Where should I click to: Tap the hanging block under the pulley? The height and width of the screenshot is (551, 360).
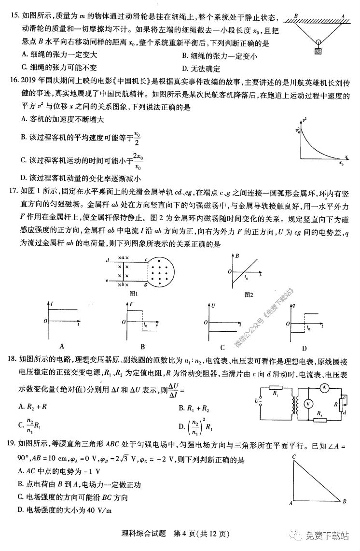pyautogui.click(x=318, y=50)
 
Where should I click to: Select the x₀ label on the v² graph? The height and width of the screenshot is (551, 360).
pyautogui.click(x=341, y=163)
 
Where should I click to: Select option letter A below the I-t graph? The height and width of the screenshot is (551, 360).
pyautogui.click(x=61, y=346)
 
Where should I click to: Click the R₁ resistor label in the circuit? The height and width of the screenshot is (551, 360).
pyautogui.click(x=275, y=394)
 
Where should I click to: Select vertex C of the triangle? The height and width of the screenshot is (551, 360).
pyautogui.click(x=294, y=456)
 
